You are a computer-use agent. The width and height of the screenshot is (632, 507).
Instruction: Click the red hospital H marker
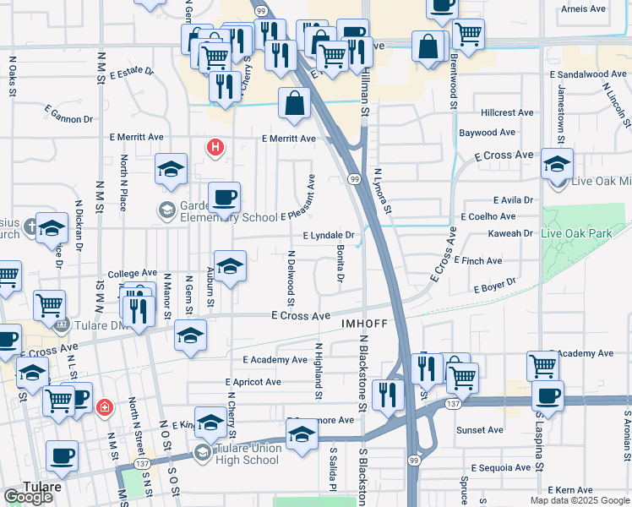(215, 147)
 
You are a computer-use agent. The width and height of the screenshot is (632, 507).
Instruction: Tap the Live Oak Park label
(584, 232)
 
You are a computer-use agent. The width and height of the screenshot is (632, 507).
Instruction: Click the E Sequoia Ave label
(505, 467)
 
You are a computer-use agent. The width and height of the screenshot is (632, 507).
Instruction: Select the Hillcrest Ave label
(507, 112)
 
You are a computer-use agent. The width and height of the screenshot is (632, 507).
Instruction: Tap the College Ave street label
(133, 274)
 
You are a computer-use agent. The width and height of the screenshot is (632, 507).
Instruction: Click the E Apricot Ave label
(249, 382)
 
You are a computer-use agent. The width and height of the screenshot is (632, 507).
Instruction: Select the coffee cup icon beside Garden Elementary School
(224, 198)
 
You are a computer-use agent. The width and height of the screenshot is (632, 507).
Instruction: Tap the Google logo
(28, 497)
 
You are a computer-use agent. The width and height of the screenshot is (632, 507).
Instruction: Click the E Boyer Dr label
(494, 287)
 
